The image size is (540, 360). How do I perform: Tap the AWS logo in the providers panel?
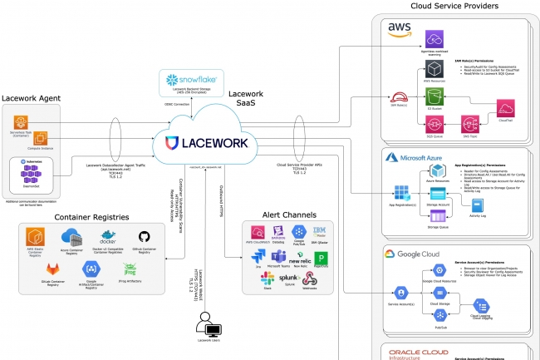pos(400,30)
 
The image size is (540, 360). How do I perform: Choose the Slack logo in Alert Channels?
pos(268,278)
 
